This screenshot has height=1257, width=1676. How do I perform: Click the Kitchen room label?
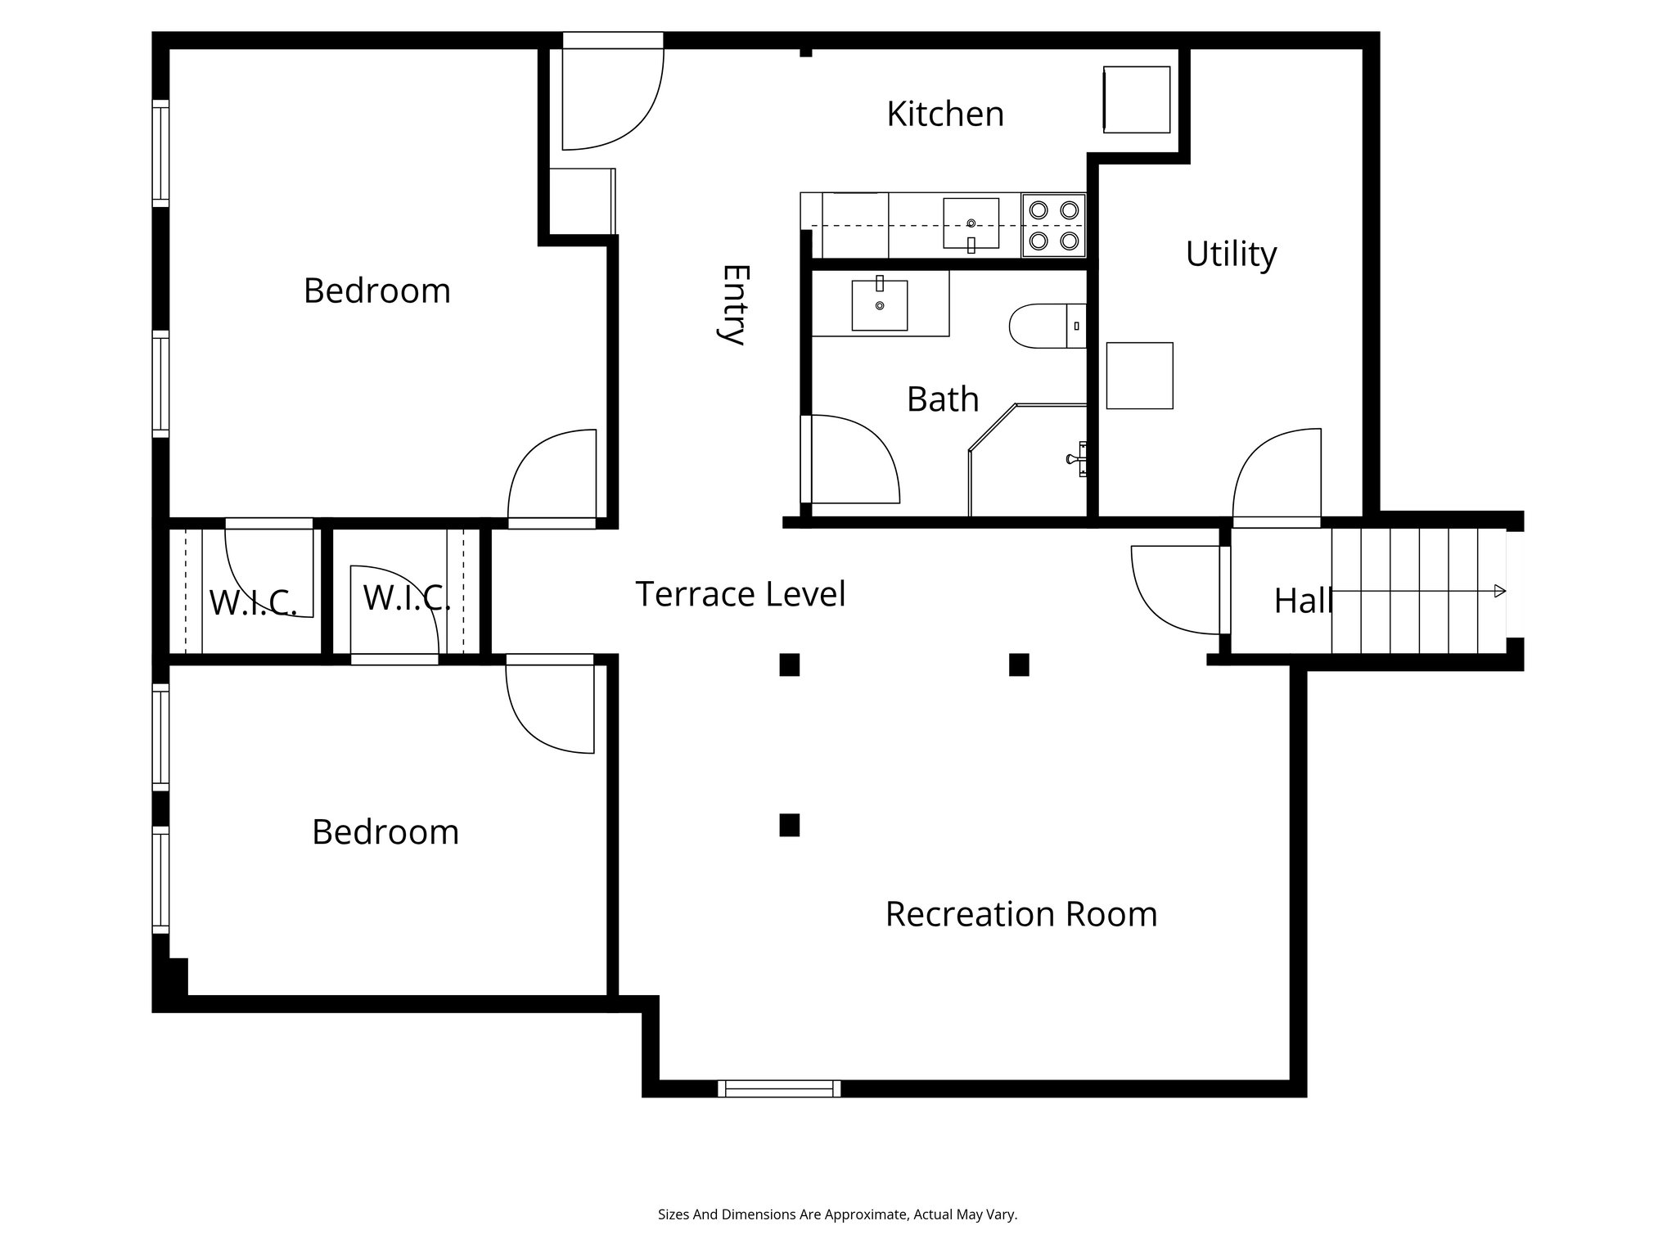(x=945, y=114)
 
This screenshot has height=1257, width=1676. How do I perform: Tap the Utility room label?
(x=1231, y=255)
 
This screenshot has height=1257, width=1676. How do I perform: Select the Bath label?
(x=943, y=399)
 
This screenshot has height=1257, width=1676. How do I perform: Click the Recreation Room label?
(x=1021, y=914)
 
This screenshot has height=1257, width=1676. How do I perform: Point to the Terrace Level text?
(x=741, y=594)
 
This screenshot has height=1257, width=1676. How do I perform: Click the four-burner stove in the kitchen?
(x=1054, y=225)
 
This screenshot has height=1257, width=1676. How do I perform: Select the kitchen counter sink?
(x=971, y=223)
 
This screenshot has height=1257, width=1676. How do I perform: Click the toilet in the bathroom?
(x=1047, y=326)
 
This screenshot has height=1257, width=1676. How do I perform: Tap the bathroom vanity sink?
(x=880, y=304)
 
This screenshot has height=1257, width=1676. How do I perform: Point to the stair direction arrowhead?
(x=1499, y=591)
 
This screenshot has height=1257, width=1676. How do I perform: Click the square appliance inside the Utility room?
(x=1139, y=376)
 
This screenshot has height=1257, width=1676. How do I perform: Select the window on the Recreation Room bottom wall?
(x=779, y=1088)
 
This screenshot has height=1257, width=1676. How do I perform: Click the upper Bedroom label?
(x=377, y=291)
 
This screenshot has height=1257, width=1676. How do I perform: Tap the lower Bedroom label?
(x=385, y=832)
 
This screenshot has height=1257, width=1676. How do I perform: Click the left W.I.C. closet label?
(x=253, y=603)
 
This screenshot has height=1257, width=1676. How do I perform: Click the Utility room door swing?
(x=1277, y=474)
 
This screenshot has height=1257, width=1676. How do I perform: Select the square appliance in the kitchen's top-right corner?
(x=1137, y=99)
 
